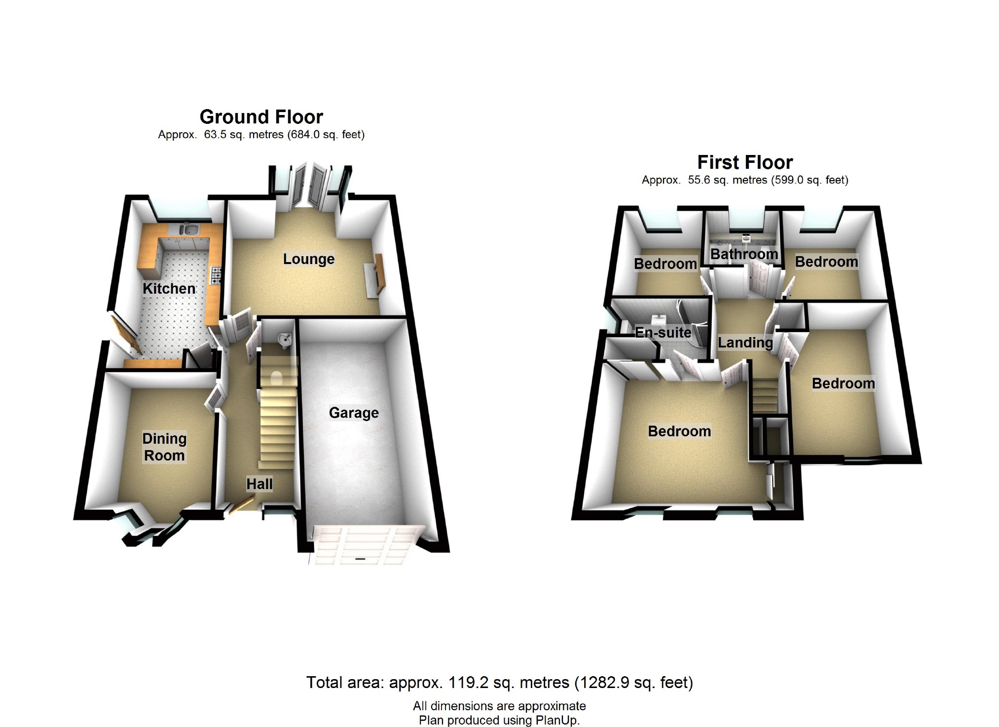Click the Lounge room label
[x=308, y=259]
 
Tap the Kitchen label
[x=169, y=288]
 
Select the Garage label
[x=354, y=412]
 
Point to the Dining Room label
[x=164, y=447]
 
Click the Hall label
[x=259, y=484]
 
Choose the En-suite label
[x=663, y=332]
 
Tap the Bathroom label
[x=744, y=254]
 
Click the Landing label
[x=745, y=342]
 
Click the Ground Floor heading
[x=261, y=117]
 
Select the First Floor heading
[x=745, y=162]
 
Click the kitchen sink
[x=188, y=229]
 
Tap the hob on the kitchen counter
[x=216, y=275]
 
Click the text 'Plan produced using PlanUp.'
[x=499, y=720]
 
